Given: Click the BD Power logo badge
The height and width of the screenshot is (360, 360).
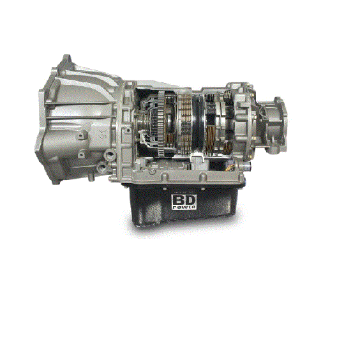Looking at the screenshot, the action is (x=184, y=202).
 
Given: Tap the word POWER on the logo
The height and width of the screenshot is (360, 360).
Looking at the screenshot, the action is (x=184, y=207).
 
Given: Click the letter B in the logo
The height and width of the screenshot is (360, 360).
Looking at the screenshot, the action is (x=179, y=200).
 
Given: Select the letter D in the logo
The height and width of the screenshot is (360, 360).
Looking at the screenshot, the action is (x=190, y=200).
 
